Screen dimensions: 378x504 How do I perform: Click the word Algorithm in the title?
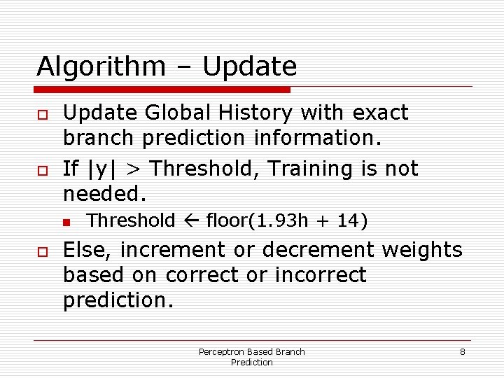point(100,67)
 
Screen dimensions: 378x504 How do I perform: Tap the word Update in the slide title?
point(249,67)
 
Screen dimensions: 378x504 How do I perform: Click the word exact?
point(380,113)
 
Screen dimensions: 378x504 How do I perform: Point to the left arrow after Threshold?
point(190,221)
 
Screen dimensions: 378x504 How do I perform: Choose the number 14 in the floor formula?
point(345,221)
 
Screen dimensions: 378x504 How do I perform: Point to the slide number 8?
point(462,351)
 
